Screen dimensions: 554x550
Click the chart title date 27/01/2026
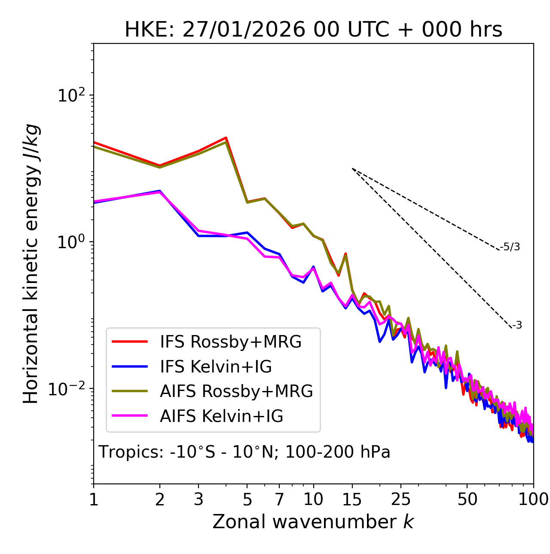point(244,30)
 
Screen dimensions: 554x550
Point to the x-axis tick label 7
point(280,499)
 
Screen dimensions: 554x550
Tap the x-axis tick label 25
point(401,499)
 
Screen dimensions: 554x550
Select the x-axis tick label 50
point(467,499)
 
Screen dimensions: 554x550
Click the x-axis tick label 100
point(533,499)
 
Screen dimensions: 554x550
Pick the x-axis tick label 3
point(199,499)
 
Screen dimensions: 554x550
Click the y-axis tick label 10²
point(71,95)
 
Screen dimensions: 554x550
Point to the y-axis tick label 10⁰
point(71,242)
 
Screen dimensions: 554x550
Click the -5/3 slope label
point(510,247)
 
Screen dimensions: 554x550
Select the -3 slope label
point(517,326)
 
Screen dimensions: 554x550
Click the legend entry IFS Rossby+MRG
point(230,342)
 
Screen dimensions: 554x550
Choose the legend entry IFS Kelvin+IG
point(216,367)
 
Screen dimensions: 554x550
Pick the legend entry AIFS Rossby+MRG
point(236,391)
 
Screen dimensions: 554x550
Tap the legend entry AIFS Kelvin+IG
point(221,416)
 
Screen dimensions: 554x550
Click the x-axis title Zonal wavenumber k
point(313,522)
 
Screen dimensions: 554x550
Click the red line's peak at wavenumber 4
point(226,138)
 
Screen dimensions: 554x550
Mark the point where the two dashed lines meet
point(352,169)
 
